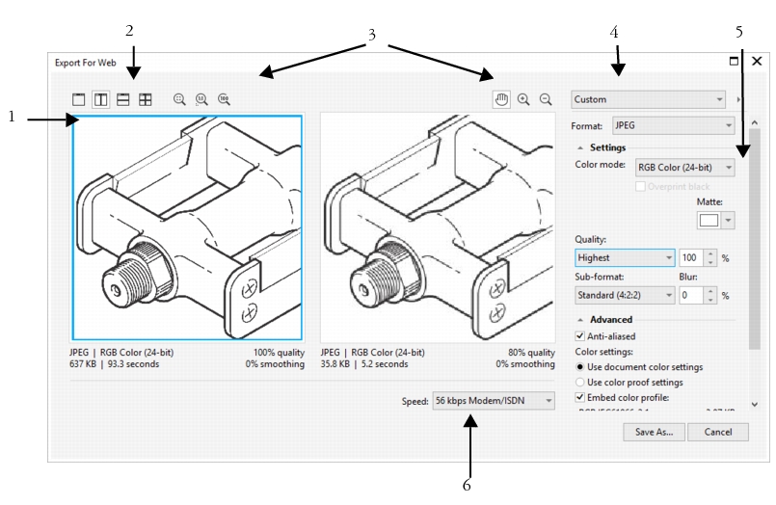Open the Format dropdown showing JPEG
[673, 125]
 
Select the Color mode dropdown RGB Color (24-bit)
[684, 168]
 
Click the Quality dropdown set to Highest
[624, 257]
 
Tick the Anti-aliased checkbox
[579, 336]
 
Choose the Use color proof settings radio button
[579, 382]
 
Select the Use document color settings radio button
[579, 367]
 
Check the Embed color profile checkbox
[579, 396]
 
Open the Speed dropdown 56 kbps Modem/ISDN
[494, 400]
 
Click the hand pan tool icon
[501, 98]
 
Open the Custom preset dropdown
[647, 98]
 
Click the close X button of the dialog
[757, 61]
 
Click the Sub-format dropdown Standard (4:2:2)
[624, 296]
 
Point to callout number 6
[467, 485]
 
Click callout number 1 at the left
[13, 118]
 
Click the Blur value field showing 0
[691, 296]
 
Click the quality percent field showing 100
[691, 257]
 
